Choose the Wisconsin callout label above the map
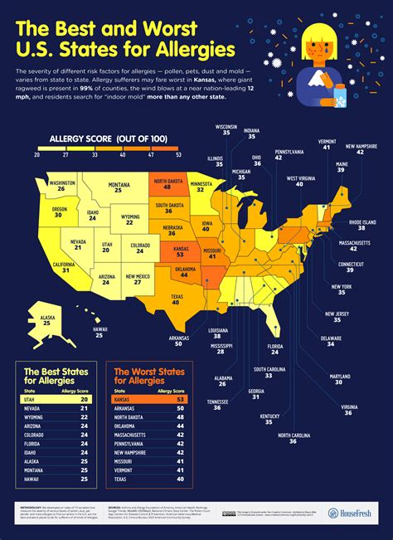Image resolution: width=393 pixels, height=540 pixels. [x=227, y=130]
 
